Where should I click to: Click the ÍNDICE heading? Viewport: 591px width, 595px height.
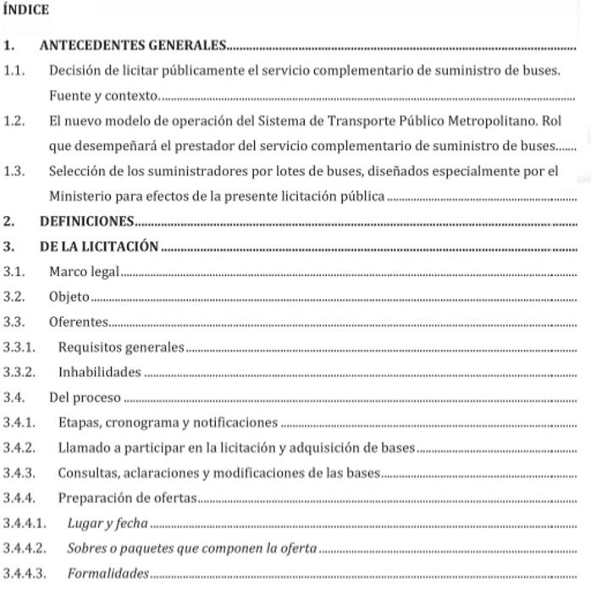click(26, 10)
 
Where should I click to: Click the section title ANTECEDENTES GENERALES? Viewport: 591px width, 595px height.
click(133, 45)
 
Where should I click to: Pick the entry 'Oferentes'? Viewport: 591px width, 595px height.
click(78, 322)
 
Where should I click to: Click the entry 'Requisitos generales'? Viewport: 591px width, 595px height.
click(121, 348)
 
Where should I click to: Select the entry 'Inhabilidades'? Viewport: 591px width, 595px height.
click(100, 372)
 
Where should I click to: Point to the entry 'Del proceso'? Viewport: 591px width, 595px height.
click(85, 397)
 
